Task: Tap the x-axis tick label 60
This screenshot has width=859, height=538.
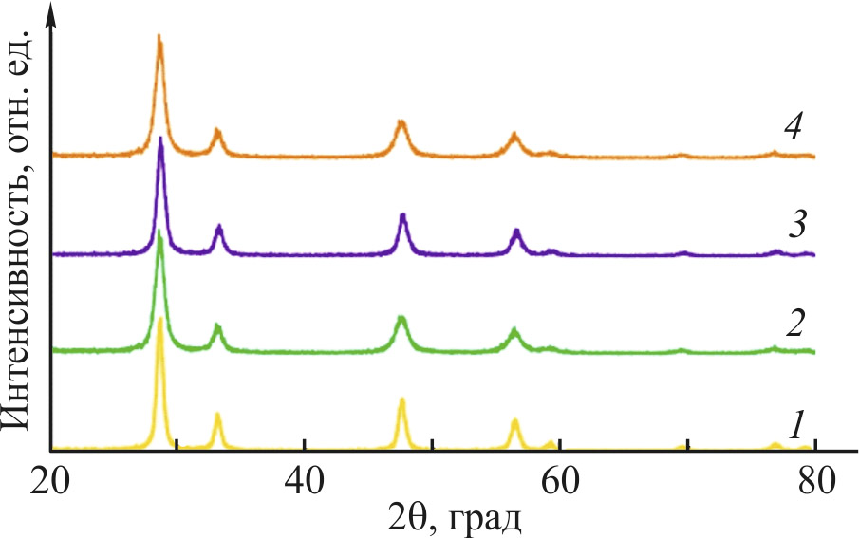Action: point(559,477)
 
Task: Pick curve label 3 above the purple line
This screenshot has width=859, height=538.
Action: point(795,227)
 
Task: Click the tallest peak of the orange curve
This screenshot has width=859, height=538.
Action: point(159,38)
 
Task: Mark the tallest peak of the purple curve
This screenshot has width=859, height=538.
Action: point(161,139)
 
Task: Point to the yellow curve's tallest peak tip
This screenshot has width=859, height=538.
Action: point(159,320)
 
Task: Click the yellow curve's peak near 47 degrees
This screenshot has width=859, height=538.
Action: point(402,400)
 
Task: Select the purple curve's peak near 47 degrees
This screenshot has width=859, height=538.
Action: point(403,215)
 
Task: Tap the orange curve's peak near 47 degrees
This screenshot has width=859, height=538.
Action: point(401,122)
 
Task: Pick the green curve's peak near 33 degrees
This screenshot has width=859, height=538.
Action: point(217,326)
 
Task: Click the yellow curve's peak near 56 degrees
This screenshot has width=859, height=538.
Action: point(514,420)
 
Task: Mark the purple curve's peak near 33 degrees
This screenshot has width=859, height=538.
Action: point(219,227)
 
